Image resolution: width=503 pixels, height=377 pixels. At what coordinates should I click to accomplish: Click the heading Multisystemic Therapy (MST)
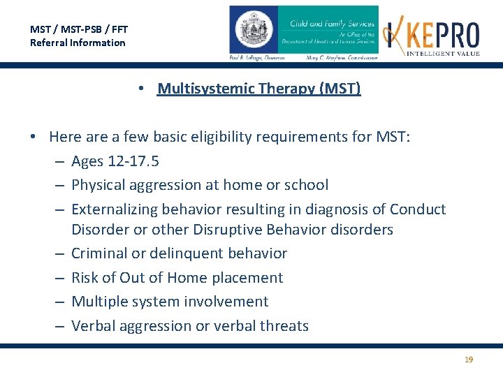point(259,89)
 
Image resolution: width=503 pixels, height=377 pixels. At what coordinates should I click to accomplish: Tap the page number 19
point(469,360)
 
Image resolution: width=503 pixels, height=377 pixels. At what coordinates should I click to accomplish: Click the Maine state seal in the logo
point(253,31)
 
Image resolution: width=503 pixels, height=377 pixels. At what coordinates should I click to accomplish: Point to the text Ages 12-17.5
point(115,161)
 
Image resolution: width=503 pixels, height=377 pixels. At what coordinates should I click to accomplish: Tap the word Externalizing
point(115,209)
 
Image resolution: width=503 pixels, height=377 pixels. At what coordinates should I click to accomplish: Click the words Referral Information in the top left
point(78,43)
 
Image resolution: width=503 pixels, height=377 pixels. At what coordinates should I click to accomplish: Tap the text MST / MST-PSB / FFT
point(79,29)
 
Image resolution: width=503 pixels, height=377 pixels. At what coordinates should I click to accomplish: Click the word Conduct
point(418,209)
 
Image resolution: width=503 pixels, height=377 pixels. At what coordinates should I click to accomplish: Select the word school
point(307,185)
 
